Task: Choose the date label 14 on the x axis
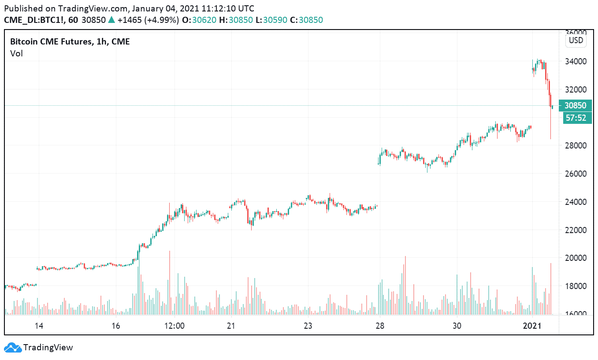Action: tap(39, 326)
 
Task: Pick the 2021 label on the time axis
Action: tap(532, 326)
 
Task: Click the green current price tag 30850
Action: tap(575, 106)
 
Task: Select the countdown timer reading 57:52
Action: tap(575, 118)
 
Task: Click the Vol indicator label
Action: tap(16, 53)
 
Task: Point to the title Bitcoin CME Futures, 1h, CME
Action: tap(70, 42)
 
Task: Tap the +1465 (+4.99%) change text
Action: tap(148, 20)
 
